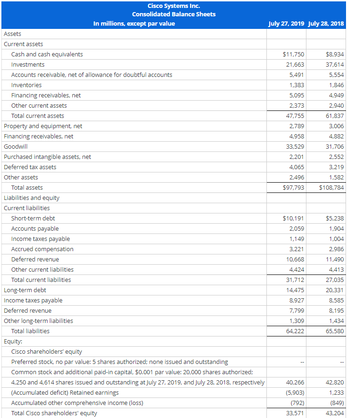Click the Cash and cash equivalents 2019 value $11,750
pyautogui.click(x=293, y=55)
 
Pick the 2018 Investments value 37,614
pyautogui.click(x=335, y=65)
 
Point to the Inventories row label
pyautogui.click(x=26, y=85)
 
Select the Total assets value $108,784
pyautogui.click(x=332, y=188)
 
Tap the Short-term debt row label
pyautogui.click(x=33, y=219)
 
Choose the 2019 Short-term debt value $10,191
pyautogui.click(x=293, y=219)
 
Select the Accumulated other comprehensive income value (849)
pyautogui.click(x=336, y=403)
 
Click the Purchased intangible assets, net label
pyautogui.click(x=48, y=157)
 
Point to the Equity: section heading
pyautogui.click(x=13, y=342)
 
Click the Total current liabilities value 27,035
pyautogui.click(x=335, y=280)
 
